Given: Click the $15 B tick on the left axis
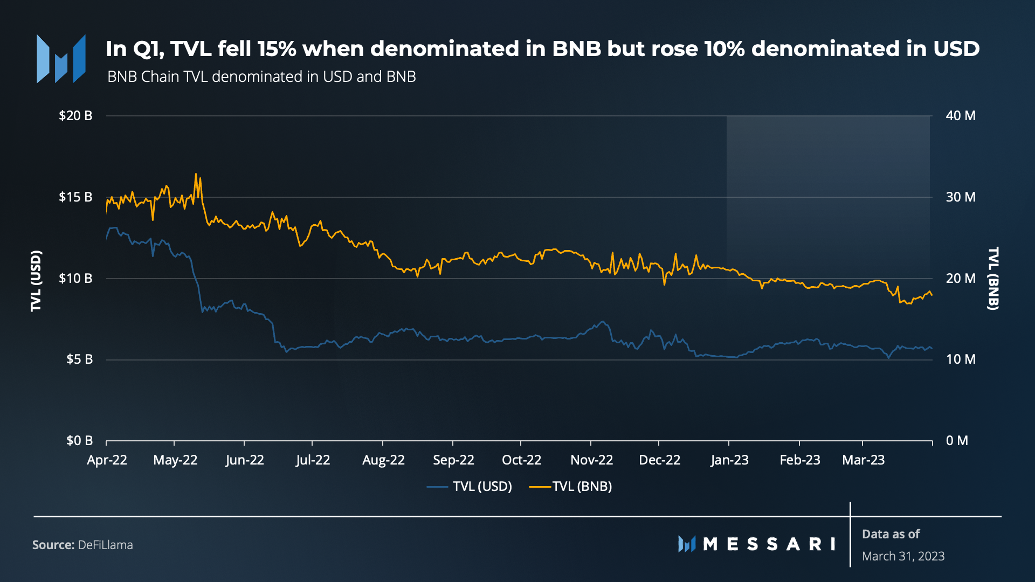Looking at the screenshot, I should [75, 197].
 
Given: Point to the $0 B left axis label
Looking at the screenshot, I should [79, 440].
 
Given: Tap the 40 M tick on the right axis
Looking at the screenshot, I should [960, 115].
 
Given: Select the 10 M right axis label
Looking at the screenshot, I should [960, 359].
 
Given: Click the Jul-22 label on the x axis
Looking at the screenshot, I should [313, 460].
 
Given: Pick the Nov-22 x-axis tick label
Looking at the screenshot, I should [591, 460].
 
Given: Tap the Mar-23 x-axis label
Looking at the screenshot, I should [863, 460].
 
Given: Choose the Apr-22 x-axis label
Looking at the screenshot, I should [107, 460].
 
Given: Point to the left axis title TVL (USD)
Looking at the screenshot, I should [36, 280].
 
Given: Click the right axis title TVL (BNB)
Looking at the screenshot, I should [993, 278].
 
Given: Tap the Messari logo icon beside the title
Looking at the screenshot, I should [61, 59].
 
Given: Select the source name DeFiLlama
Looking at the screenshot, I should [105, 545].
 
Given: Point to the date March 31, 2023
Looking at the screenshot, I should [903, 556].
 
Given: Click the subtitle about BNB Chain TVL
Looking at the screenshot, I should [261, 77].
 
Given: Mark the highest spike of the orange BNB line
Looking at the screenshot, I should [196, 174].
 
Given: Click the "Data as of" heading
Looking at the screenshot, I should [891, 534].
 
